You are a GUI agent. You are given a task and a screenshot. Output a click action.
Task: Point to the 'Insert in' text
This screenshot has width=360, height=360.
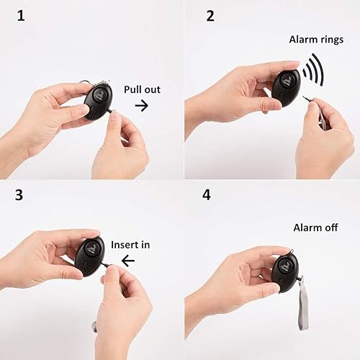coord(130,245)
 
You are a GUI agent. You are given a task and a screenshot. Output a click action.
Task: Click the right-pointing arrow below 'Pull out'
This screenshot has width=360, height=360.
coord(141,106)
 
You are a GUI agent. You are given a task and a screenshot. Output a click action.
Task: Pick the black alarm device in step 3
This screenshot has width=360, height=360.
coord(90,256)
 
